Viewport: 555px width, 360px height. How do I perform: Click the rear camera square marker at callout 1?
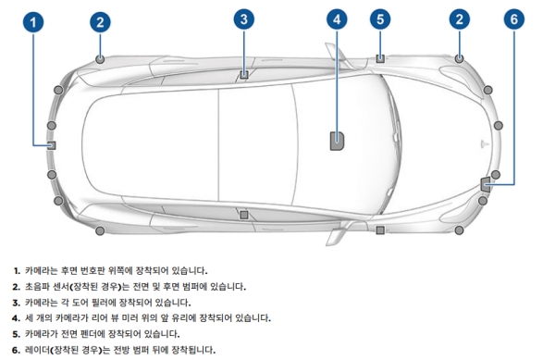pos(52,144)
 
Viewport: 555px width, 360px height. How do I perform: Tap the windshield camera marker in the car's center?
pos(337,141)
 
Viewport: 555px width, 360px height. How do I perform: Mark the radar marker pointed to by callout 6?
pos(486,182)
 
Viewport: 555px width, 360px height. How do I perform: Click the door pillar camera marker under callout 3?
pos(243,73)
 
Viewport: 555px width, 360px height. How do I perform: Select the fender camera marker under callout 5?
pos(380,58)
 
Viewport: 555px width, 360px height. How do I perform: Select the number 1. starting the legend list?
pos(17,270)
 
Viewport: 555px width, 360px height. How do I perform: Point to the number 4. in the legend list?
pos(17,317)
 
